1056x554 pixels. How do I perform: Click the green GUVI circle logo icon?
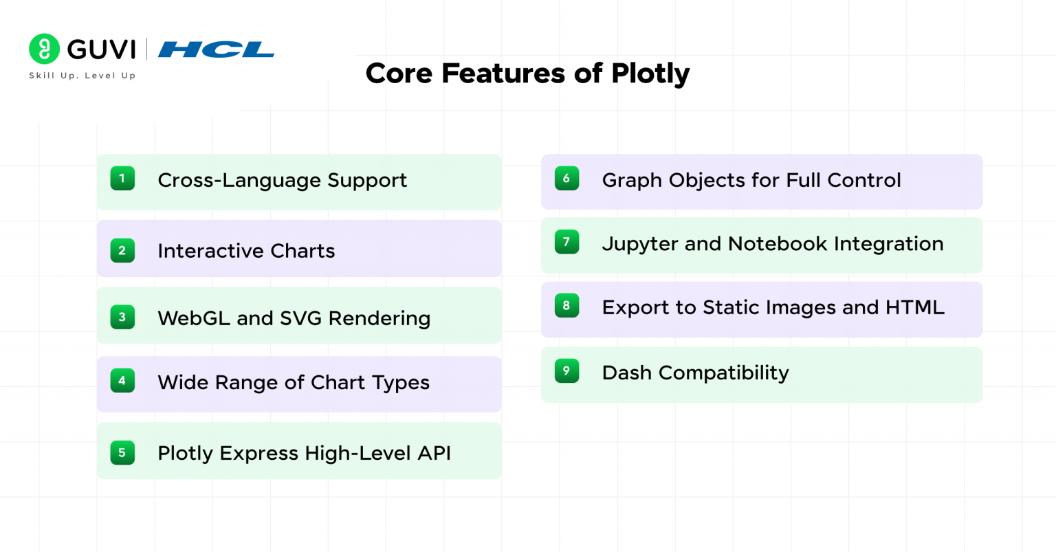click(x=44, y=49)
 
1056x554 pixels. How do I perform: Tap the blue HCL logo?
click(x=216, y=49)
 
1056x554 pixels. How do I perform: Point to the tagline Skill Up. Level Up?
click(x=82, y=76)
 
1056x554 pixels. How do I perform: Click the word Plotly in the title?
click(x=650, y=74)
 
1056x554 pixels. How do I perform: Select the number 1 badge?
click(x=122, y=179)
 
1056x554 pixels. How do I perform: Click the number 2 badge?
click(x=122, y=250)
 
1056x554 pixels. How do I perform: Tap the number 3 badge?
click(x=122, y=317)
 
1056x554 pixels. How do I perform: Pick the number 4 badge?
click(x=122, y=381)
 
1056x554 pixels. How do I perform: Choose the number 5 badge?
click(x=122, y=452)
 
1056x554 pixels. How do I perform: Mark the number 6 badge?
click(x=566, y=179)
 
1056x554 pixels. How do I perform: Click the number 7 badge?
click(x=566, y=242)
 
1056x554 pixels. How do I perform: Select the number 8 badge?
click(x=566, y=306)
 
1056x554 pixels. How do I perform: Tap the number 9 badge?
click(x=566, y=371)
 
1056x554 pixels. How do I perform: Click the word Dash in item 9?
click(x=627, y=373)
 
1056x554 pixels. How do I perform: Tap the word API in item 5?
click(x=434, y=454)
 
